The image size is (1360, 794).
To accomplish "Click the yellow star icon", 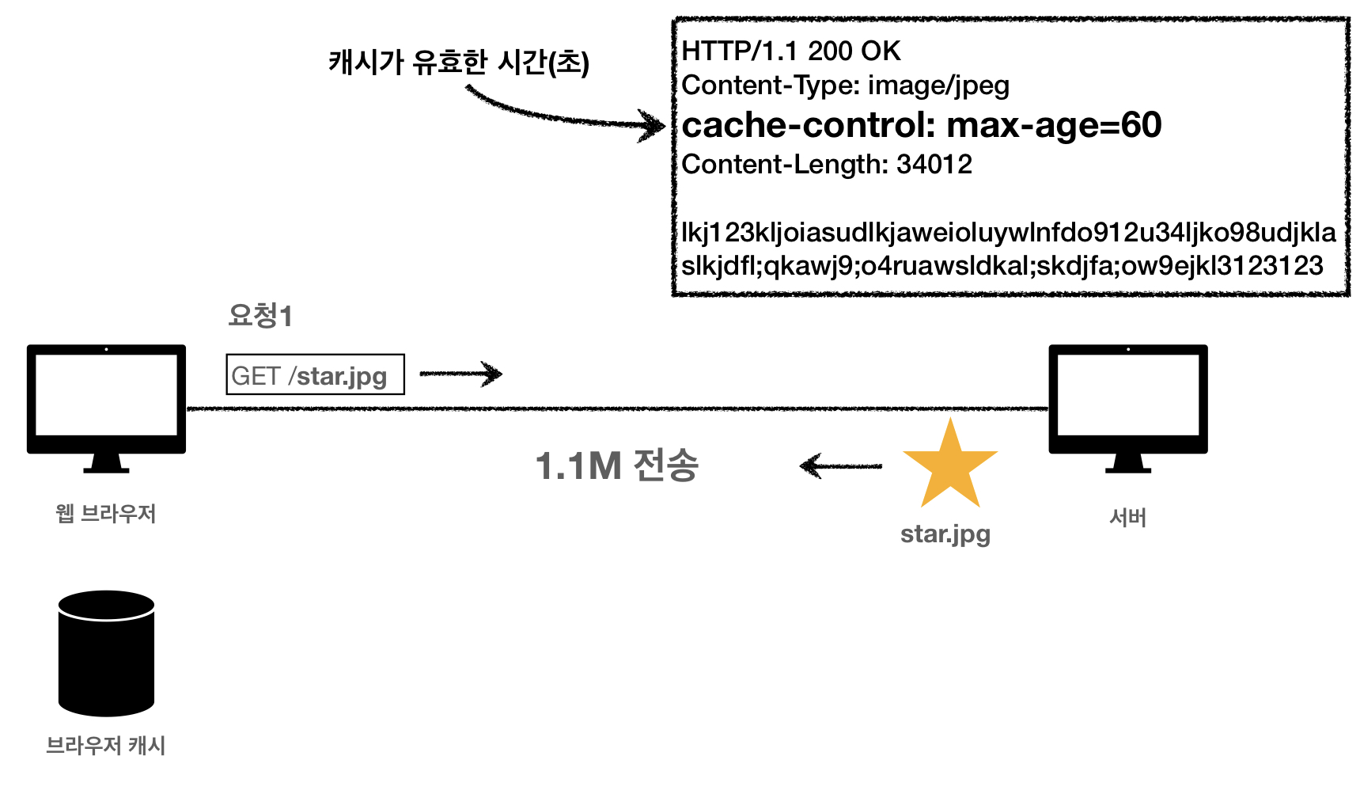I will [x=949, y=467].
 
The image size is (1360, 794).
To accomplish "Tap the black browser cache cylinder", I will [x=106, y=654].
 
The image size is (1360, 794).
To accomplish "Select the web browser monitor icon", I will [x=106, y=404].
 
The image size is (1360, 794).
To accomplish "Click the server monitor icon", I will [x=1127, y=404].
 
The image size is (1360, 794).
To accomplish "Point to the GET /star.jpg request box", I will [x=315, y=374].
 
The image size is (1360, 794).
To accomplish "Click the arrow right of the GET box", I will [x=460, y=374].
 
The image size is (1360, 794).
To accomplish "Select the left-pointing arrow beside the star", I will [x=840, y=465].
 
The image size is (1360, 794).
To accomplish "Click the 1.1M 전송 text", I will [x=617, y=465].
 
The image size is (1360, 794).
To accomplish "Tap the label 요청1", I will [x=260, y=316].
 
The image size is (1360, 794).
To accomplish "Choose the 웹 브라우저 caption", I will [x=106, y=514].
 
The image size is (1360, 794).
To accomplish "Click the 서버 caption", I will [x=1127, y=518].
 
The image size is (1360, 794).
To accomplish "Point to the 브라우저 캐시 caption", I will [x=106, y=745].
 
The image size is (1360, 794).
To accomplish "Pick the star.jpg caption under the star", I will [x=945, y=534].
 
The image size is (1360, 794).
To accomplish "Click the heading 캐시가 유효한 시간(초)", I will [x=459, y=62].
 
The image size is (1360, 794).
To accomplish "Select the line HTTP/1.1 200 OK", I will [x=791, y=51].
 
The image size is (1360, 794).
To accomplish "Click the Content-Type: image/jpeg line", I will [x=845, y=85].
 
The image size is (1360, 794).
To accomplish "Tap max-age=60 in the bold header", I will [x=1054, y=125].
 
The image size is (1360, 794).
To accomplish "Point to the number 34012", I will [x=934, y=165].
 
